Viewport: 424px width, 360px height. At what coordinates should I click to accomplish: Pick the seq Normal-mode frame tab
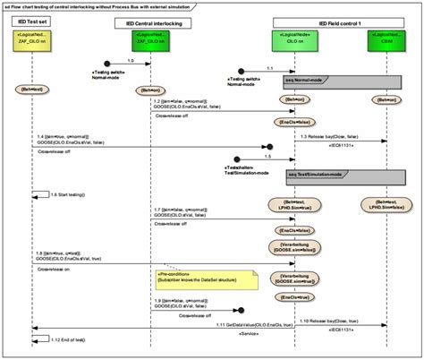coord(305,80)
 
